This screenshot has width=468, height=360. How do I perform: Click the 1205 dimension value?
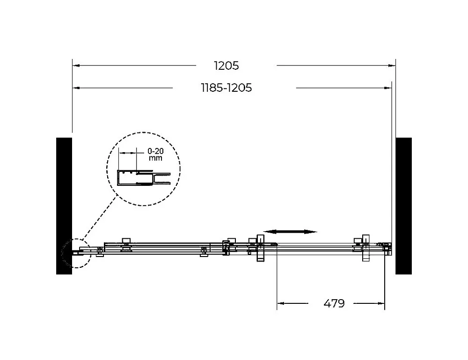pos(227,66)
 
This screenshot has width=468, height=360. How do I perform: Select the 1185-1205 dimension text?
pos(227,88)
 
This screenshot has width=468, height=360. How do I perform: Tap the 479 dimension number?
pos(334,303)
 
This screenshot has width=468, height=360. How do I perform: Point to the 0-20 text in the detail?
pos(155,151)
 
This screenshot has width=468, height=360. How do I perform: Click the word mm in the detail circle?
pos(155,158)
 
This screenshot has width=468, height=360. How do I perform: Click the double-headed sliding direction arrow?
pos(290,232)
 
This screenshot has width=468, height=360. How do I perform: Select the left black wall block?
pos(64,206)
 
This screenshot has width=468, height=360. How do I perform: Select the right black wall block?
pos(403,206)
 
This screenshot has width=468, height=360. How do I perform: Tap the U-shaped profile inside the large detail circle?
pos(118,178)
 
